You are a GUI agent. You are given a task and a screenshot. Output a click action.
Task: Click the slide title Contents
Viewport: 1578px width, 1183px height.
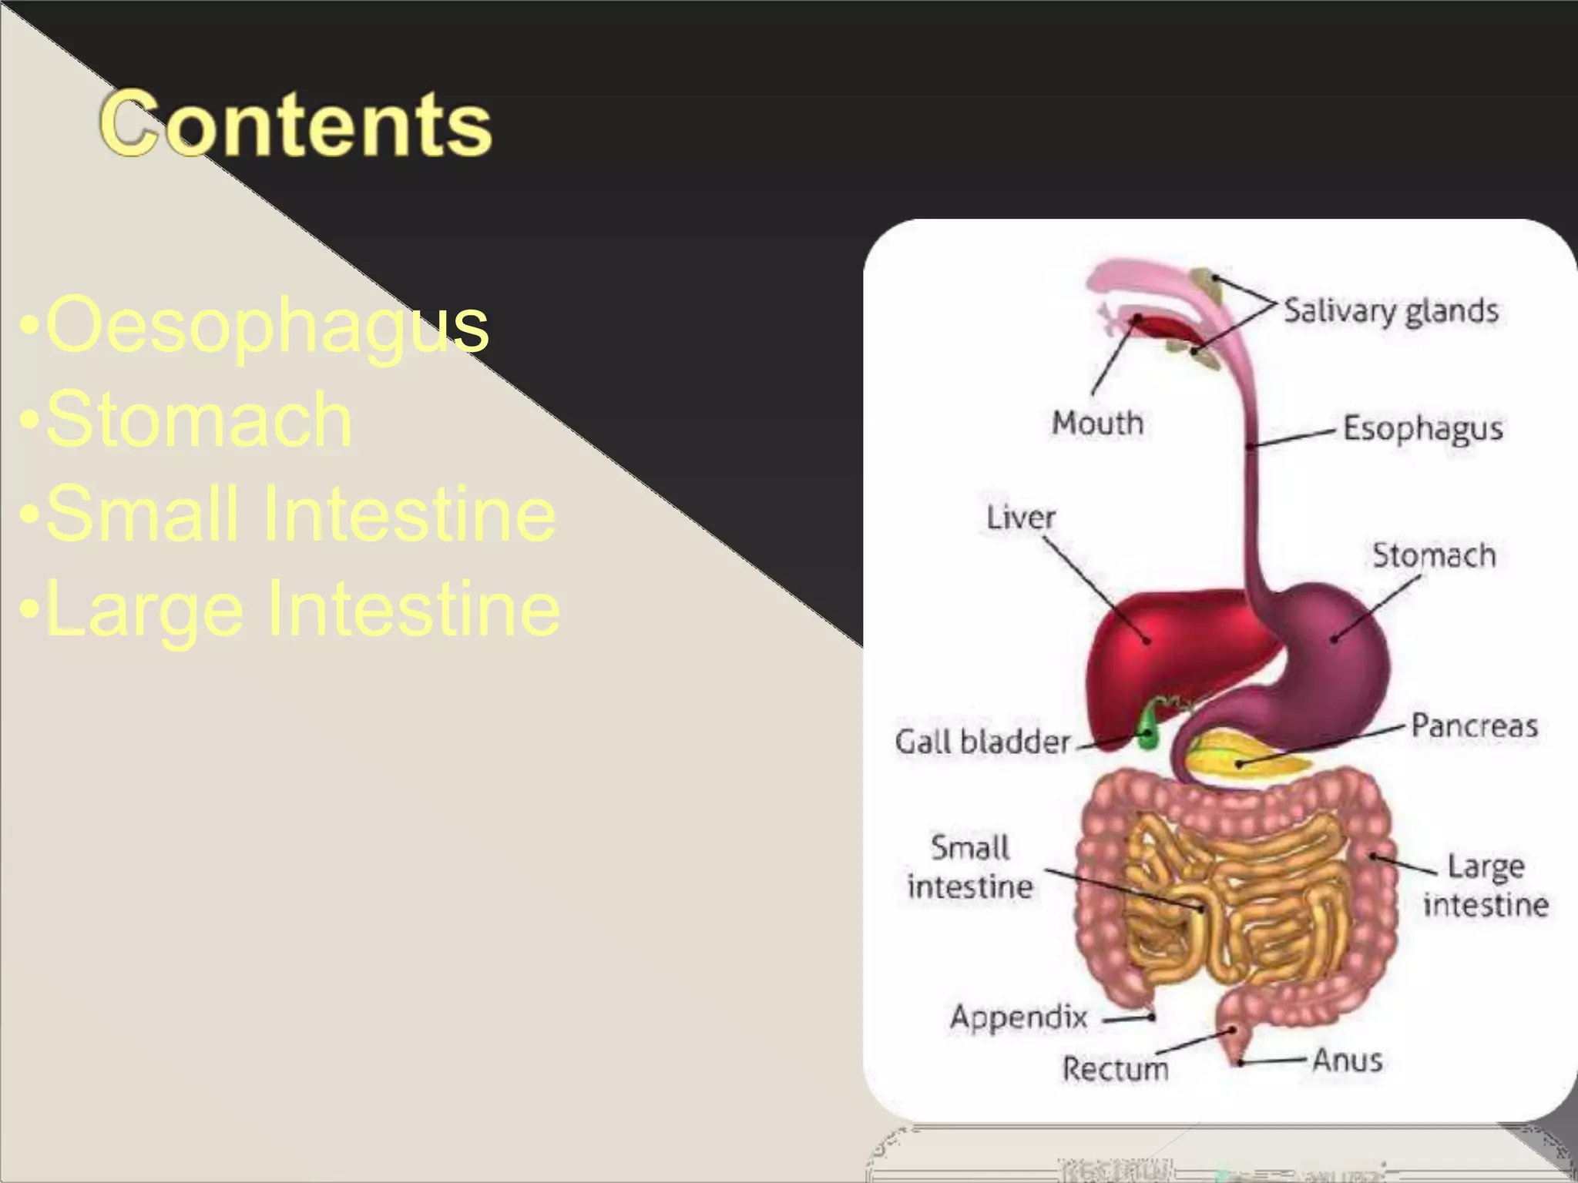coord(296,123)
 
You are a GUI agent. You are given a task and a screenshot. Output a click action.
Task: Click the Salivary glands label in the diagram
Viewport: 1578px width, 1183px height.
coord(1391,311)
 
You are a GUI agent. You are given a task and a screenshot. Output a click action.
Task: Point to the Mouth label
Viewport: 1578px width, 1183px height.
coord(1097,423)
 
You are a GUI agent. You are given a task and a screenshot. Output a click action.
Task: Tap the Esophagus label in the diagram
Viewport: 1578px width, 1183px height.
coord(1422,428)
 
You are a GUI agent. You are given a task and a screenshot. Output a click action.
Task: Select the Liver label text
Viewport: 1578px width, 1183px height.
coord(1020,518)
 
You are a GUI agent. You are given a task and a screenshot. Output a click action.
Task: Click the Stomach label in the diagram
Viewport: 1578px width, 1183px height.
coord(1433,555)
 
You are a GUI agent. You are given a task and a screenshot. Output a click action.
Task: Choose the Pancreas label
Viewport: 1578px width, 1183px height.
coord(1474,726)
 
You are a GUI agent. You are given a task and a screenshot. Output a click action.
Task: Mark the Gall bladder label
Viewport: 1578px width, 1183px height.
coord(982,742)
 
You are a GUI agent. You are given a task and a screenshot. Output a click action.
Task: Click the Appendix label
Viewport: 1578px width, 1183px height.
coord(1019,1017)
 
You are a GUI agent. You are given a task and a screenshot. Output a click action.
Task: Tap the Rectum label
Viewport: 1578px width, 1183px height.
coord(1115,1068)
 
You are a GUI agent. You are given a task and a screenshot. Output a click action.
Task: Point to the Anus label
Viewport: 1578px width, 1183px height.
coord(1347,1060)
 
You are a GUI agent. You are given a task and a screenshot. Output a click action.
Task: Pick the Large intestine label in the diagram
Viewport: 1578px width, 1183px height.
coord(1486,886)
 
